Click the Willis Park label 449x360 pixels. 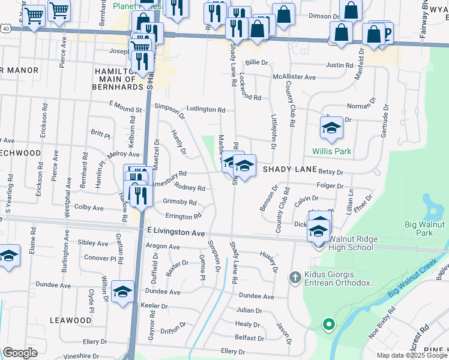[331, 151]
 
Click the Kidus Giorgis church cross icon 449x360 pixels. [294, 277]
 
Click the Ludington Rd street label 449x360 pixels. [205, 110]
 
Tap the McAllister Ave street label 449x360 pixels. [294, 77]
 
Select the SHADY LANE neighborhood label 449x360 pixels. [288, 170]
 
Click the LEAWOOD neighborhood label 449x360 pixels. [71, 320]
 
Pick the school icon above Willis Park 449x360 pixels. [331, 128]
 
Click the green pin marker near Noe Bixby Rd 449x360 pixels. [328, 325]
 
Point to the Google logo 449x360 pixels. [20, 353]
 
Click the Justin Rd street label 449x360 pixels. [339, 65]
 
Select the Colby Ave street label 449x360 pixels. [89, 208]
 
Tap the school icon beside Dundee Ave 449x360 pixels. [122, 292]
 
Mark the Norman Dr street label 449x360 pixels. [360, 106]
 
